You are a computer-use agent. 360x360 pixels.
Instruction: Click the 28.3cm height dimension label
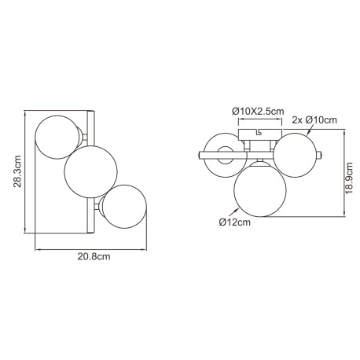tap(17, 171)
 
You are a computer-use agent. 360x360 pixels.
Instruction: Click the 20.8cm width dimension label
tap(94, 256)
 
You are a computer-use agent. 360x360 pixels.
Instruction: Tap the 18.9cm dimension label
tap(349, 178)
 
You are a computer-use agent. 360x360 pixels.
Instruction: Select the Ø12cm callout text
tap(234, 222)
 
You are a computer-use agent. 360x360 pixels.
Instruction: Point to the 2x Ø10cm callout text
tap(314, 120)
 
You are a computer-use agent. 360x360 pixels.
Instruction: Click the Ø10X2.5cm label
tap(258, 112)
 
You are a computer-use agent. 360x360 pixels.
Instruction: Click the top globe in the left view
tap(57, 137)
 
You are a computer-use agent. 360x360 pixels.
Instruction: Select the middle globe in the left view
tap(90, 171)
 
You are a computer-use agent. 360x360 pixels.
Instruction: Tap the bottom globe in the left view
tap(124, 207)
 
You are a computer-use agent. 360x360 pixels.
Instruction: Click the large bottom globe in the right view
tap(259, 189)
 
